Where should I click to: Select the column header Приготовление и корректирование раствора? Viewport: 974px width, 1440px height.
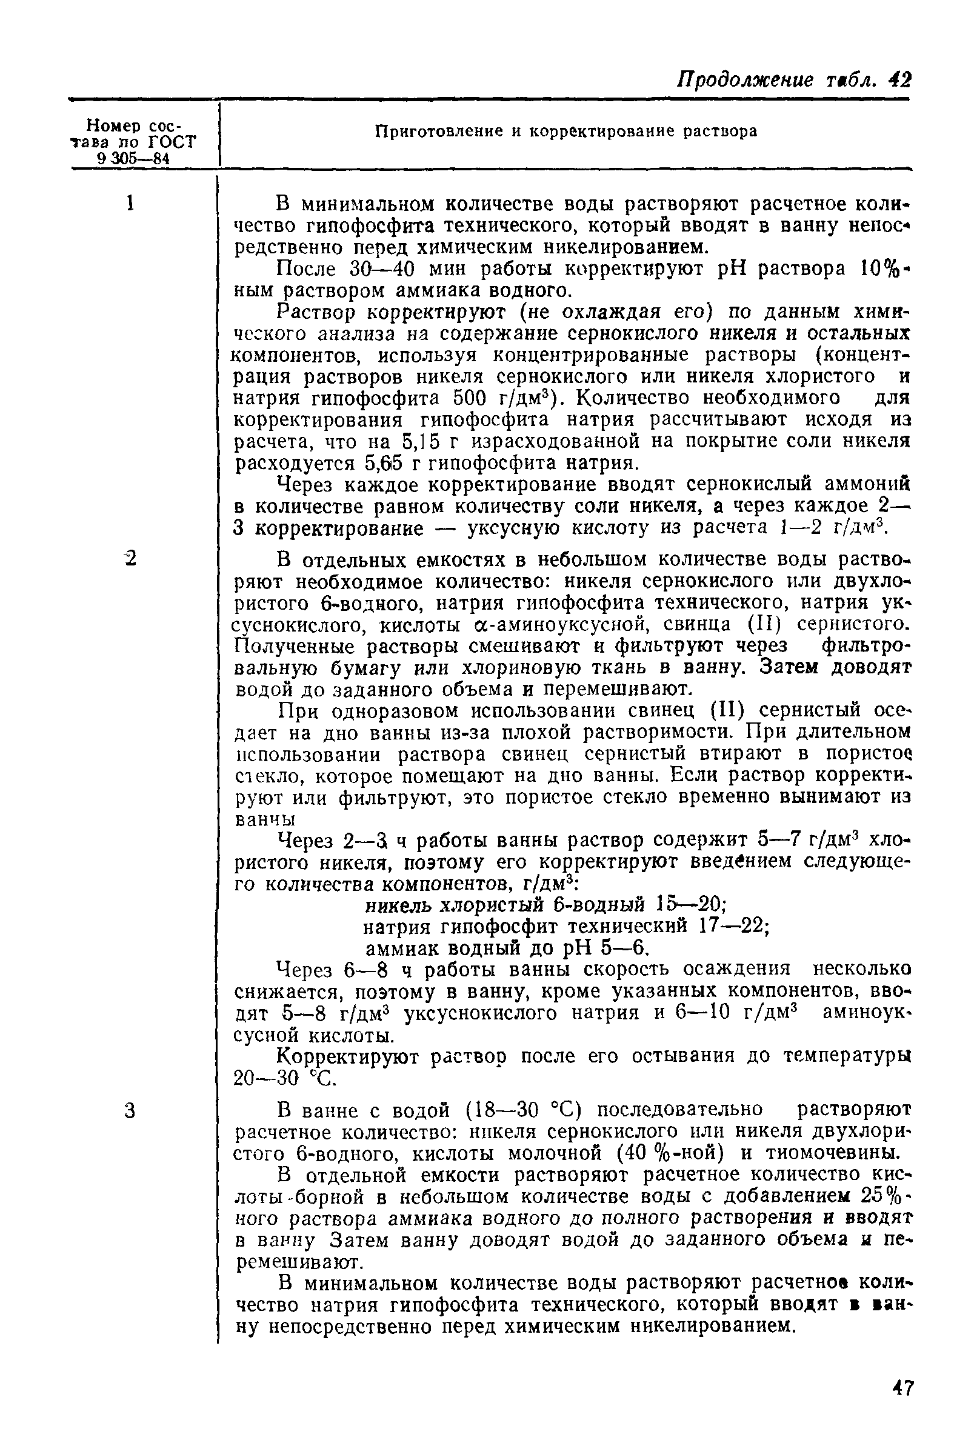[x=566, y=132]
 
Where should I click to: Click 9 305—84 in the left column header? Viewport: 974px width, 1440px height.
[x=133, y=159]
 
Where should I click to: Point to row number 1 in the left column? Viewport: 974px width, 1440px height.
[x=130, y=204]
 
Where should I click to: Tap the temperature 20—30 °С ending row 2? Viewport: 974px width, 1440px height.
[x=285, y=1079]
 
